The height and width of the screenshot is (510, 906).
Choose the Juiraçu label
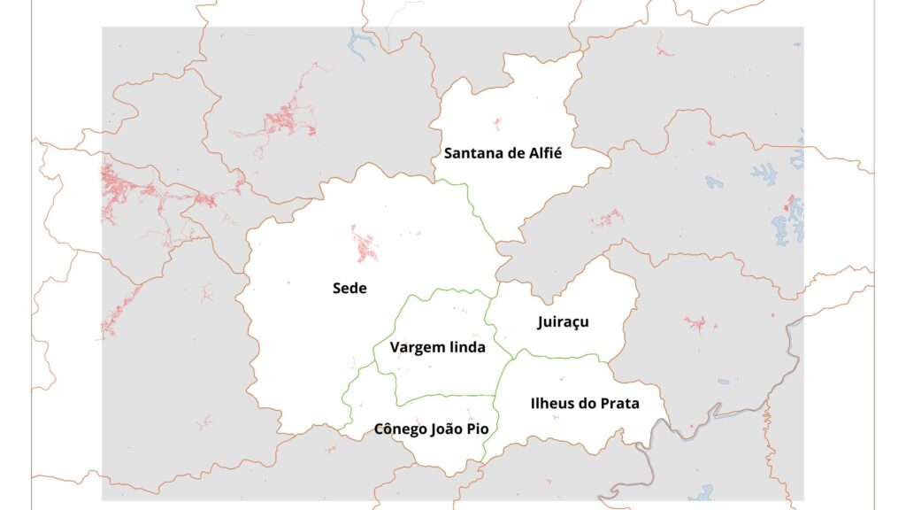pyautogui.click(x=563, y=322)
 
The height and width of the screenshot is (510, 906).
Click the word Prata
pyautogui.click(x=619, y=404)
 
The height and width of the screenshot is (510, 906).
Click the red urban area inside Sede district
pyautogui.click(x=365, y=245)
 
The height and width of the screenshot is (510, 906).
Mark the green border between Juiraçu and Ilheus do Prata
pyautogui.click(x=557, y=355)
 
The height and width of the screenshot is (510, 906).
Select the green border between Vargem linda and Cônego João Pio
pyautogui.click(x=442, y=396)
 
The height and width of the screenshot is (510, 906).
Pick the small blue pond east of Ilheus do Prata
pyautogui.click(x=724, y=382)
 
